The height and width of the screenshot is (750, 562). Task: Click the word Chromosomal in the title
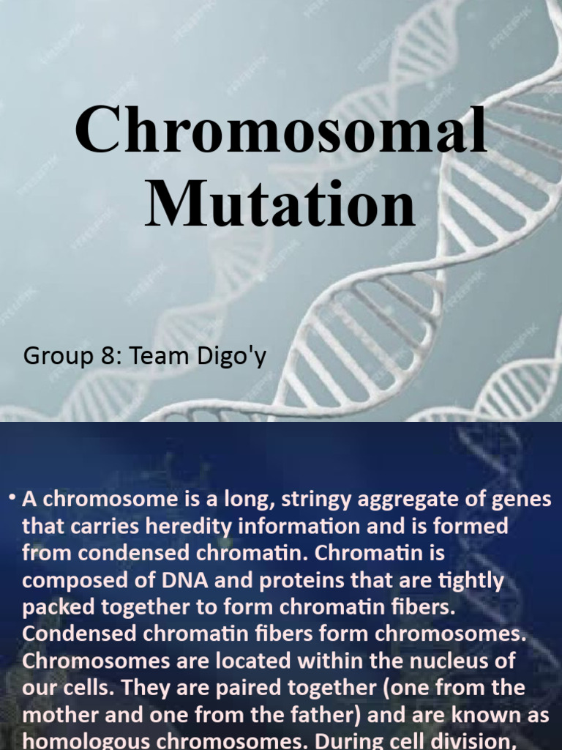click(281, 132)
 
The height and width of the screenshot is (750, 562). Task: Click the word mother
click(59, 715)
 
